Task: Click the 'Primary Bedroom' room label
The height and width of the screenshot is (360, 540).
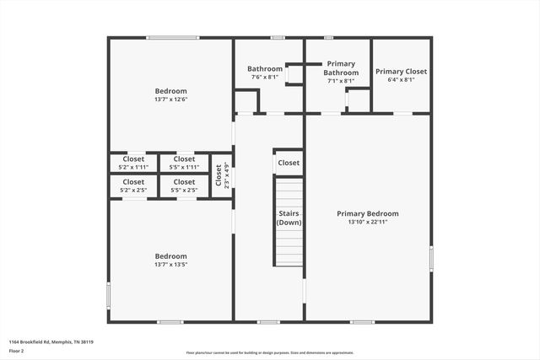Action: (367, 213)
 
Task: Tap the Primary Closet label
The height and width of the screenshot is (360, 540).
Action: (401, 72)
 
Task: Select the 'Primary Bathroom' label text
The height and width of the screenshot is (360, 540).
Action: (342, 68)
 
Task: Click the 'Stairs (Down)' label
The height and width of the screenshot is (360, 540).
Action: (289, 218)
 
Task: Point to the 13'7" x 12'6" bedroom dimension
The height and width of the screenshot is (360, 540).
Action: (170, 99)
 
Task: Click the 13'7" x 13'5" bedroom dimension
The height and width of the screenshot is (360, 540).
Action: (170, 265)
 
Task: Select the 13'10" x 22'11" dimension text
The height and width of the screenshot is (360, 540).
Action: (367, 223)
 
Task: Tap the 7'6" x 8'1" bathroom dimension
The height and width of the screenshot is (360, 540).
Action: (264, 78)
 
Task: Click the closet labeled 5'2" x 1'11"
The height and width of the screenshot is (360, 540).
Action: (133, 163)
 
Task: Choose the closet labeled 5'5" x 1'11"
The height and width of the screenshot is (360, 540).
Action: (184, 163)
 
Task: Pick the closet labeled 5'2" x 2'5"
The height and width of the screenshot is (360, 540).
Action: (133, 185)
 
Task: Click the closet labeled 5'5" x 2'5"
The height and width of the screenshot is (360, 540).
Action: (184, 185)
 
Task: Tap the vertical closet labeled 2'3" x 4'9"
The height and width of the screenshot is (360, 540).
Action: (221, 175)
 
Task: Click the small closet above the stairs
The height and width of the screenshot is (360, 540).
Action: (289, 163)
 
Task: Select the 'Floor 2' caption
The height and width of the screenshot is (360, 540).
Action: (17, 350)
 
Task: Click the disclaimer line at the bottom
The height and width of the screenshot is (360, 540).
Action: (269, 353)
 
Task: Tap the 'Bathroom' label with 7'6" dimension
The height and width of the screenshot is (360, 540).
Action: (264, 68)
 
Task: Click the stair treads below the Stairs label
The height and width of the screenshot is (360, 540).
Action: (289, 249)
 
